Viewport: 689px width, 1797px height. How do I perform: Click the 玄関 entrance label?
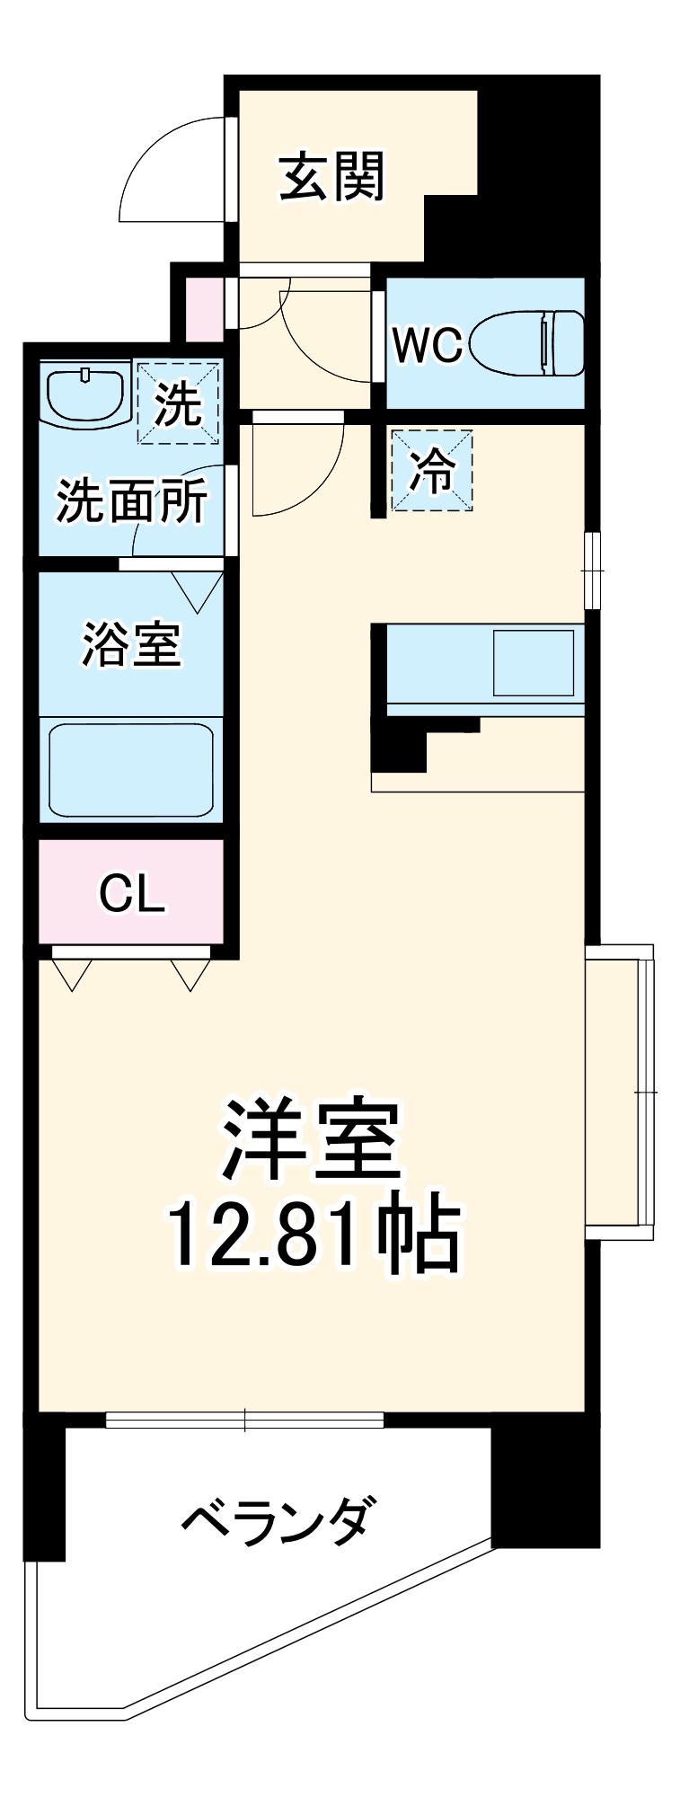(x=331, y=176)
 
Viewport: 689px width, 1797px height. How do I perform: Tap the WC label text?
(x=427, y=345)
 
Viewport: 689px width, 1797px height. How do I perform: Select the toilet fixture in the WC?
(x=530, y=342)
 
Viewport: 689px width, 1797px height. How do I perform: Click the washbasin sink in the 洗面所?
(x=86, y=395)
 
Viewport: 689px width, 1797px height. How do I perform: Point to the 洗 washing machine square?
(x=178, y=403)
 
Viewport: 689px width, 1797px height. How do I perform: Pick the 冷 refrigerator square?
(x=432, y=470)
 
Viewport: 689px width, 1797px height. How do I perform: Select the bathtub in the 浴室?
(x=131, y=769)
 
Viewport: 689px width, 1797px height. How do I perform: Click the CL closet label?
(x=131, y=893)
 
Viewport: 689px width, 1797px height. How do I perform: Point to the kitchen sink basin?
(x=533, y=662)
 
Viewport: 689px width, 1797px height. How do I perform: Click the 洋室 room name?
(x=311, y=1139)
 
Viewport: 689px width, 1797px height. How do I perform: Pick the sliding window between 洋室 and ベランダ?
(x=244, y=1420)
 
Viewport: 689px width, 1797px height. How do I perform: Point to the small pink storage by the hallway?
(x=204, y=309)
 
